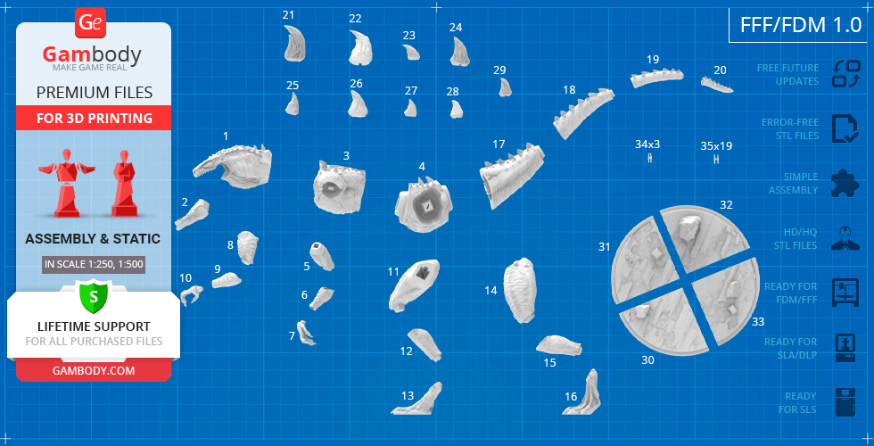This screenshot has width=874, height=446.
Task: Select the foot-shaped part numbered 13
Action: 418,401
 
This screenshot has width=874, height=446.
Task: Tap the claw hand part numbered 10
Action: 191,293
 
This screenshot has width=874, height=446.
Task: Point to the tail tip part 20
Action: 716,84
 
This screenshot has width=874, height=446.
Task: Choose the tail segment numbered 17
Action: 510,174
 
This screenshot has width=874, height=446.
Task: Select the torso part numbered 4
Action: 424,204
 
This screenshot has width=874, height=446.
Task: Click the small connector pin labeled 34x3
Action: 650,159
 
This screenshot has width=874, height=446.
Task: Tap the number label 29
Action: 499,70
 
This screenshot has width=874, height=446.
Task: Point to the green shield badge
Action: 93,296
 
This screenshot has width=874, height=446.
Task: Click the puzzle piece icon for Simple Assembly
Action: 845,184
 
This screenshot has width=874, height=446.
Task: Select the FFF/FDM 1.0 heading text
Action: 801,25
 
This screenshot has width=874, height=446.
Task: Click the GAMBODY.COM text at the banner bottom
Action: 93,371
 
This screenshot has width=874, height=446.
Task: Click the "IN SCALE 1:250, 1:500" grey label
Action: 93,264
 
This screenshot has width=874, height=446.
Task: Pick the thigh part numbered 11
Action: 413,285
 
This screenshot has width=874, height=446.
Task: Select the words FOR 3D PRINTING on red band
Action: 95,118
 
